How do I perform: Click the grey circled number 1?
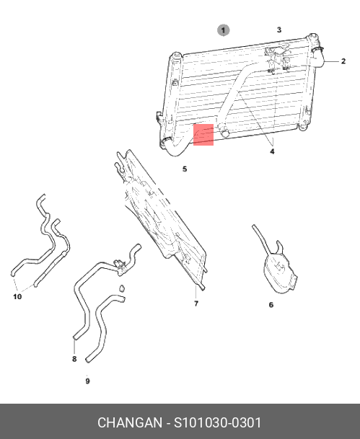tap(223, 30)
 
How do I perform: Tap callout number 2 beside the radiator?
tap(343, 61)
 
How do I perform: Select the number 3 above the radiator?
tap(279, 30)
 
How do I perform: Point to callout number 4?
tap(272, 151)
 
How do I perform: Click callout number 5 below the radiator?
tap(185, 169)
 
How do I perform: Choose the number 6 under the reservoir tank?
tap(271, 305)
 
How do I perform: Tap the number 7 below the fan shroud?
tap(196, 303)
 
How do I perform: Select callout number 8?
tap(74, 359)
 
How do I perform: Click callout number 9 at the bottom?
tap(87, 381)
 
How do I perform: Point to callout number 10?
tap(17, 296)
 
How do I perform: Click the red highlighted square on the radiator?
tap(203, 135)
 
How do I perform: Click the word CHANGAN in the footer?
tap(130, 422)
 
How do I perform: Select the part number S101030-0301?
tap(218, 422)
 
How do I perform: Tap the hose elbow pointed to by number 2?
tap(318, 58)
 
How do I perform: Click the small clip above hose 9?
tap(122, 288)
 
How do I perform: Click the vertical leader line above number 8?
tap(74, 347)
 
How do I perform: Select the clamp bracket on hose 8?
tap(120, 266)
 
